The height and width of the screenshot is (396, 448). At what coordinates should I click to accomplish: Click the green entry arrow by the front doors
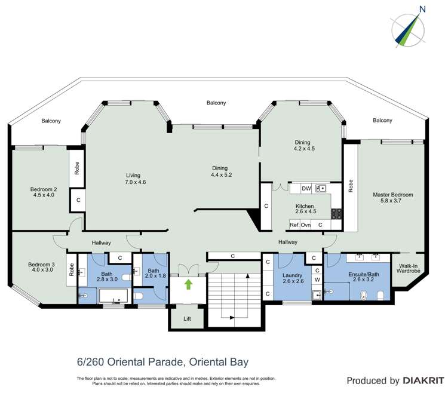click(x=188, y=284)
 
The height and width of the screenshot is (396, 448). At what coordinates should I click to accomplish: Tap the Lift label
click(x=187, y=318)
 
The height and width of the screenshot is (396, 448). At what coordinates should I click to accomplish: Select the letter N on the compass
click(x=422, y=10)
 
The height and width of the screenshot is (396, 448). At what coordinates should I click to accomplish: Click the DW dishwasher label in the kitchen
click(x=306, y=189)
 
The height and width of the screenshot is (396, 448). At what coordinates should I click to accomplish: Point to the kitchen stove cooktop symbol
click(x=336, y=214)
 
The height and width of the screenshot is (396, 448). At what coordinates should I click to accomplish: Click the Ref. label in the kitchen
click(x=294, y=225)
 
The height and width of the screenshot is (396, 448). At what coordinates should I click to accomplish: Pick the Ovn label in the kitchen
click(x=305, y=225)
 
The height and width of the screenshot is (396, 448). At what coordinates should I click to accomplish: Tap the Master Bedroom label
click(x=393, y=195)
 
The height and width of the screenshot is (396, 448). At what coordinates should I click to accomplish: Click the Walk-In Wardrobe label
click(x=409, y=268)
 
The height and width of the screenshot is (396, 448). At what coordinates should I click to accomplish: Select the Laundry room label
click(x=292, y=275)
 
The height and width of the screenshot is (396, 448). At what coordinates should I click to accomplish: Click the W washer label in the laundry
click(x=317, y=280)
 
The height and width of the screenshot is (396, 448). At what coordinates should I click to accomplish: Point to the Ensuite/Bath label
click(x=363, y=275)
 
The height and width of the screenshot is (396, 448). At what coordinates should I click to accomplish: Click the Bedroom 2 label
click(x=44, y=189)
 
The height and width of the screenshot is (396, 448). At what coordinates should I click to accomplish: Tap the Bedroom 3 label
click(x=41, y=265)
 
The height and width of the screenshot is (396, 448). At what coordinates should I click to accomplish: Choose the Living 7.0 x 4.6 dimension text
click(x=136, y=182)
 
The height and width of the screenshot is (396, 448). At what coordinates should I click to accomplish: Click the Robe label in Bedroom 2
click(x=77, y=168)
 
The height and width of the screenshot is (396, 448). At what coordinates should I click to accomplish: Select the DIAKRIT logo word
click(x=424, y=380)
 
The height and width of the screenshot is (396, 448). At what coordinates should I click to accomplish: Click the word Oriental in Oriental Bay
click(x=208, y=363)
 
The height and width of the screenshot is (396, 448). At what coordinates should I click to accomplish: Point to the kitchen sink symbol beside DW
click(x=321, y=189)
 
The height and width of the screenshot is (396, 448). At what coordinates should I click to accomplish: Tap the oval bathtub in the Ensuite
click(x=364, y=296)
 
